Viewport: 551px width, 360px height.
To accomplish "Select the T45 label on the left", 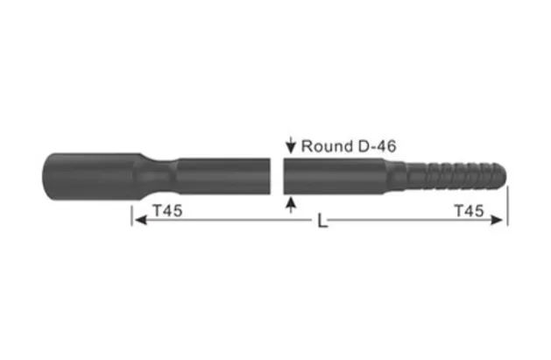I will (x=166, y=211).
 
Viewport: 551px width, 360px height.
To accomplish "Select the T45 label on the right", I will (x=470, y=211).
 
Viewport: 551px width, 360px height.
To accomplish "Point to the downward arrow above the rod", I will (x=290, y=145).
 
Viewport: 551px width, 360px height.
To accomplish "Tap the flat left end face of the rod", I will (x=44, y=176).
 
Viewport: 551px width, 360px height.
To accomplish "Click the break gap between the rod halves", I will (x=277, y=176).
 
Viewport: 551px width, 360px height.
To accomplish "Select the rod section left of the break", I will (x=223, y=176).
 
